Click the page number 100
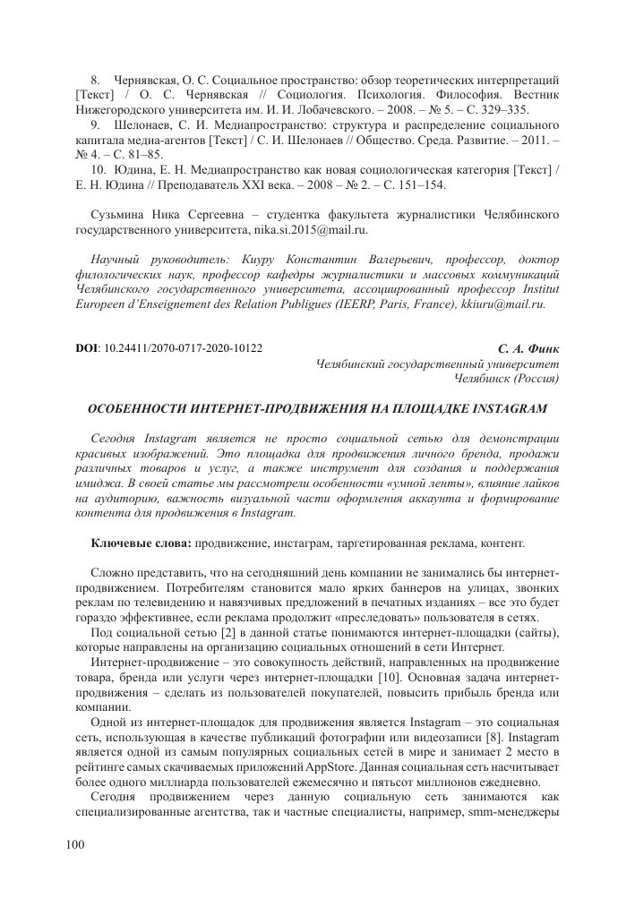[x=76, y=845]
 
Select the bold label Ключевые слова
[x=141, y=543]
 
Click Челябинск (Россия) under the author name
[x=507, y=379]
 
